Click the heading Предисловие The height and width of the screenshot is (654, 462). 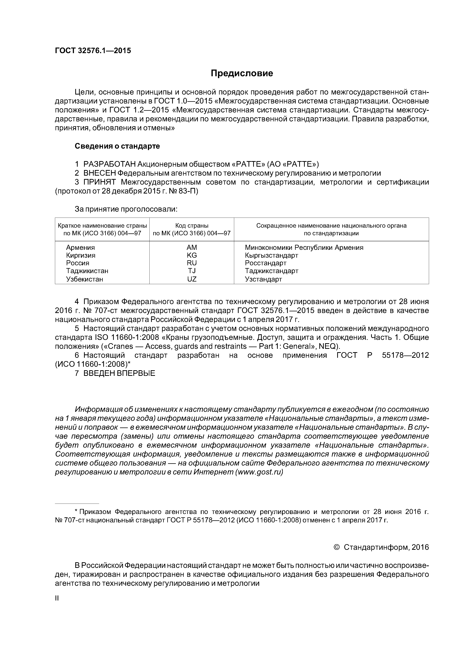242,73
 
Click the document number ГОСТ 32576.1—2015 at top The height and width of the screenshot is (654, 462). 93,51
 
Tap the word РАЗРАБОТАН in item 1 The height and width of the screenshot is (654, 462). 109,164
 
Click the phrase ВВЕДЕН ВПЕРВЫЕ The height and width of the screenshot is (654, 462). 119,373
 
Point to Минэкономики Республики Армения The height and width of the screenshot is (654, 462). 304,248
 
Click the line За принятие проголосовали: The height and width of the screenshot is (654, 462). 126,209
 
